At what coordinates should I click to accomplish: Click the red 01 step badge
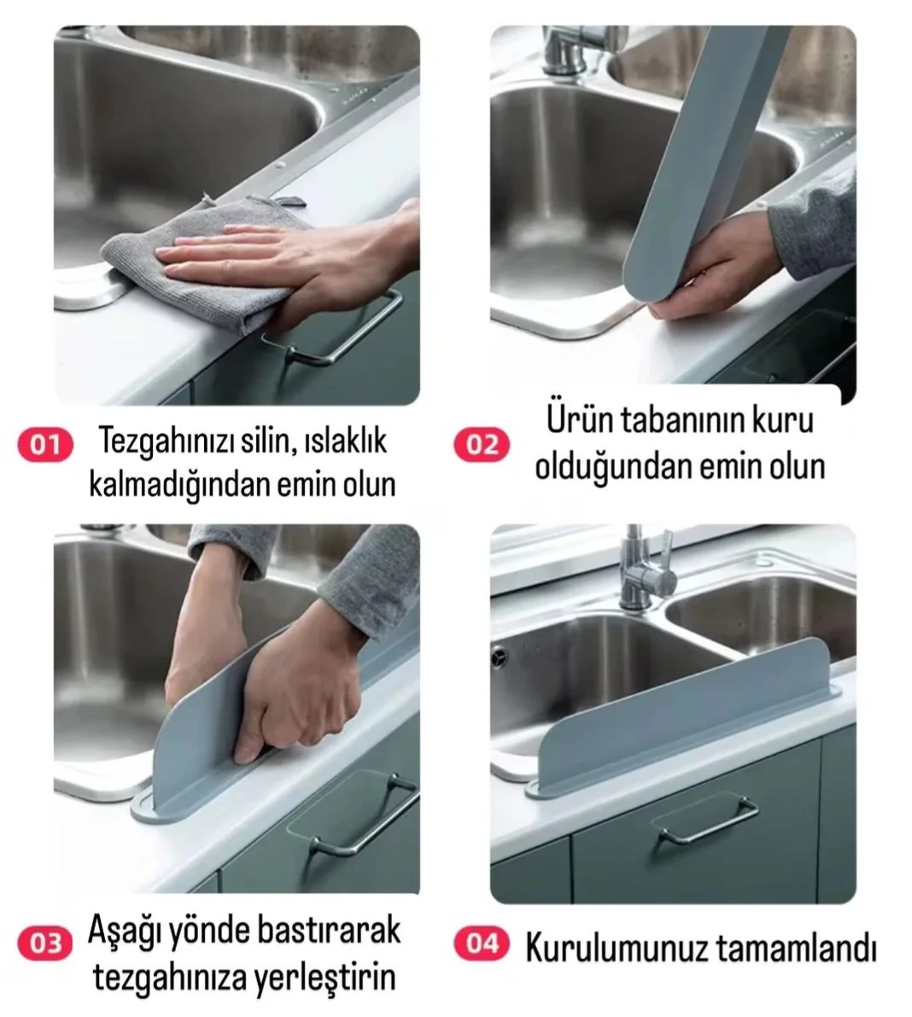tap(45, 445)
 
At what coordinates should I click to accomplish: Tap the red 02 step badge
tap(482, 445)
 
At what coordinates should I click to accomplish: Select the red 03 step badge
tap(45, 943)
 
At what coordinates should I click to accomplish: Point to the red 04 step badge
tap(482, 943)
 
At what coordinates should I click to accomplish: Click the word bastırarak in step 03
tap(329, 931)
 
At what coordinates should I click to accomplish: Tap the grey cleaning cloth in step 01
tap(201, 266)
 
